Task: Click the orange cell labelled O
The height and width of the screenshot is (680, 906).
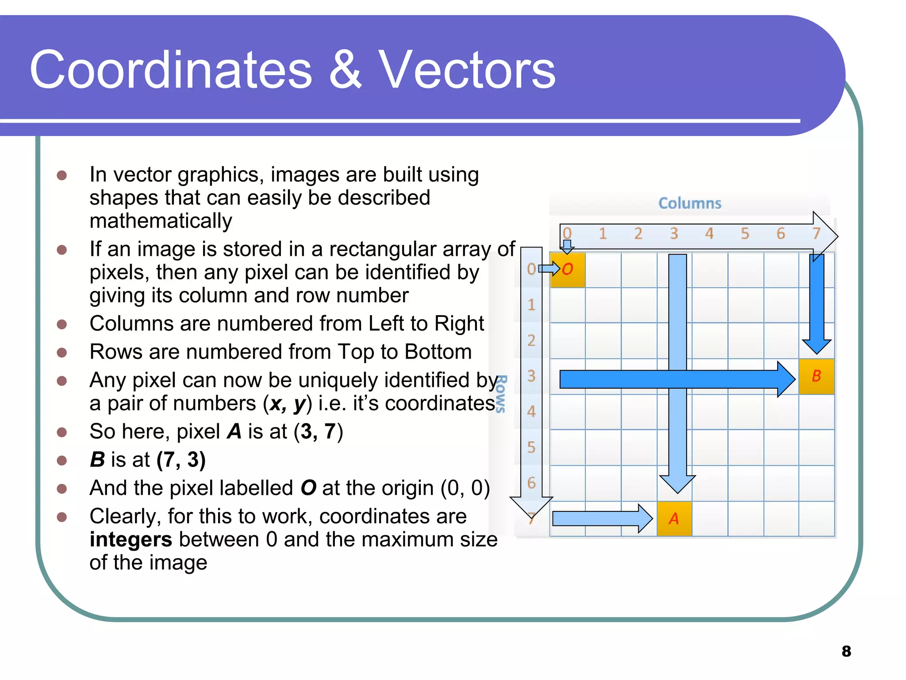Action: [x=567, y=270]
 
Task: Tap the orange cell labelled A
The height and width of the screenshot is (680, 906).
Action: [x=674, y=518]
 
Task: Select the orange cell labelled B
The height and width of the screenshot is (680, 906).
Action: [x=816, y=376]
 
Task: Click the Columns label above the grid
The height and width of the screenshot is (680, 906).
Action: [x=690, y=203]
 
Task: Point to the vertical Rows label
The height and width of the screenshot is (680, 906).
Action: [x=501, y=394]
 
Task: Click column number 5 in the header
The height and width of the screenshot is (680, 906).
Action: [x=745, y=233]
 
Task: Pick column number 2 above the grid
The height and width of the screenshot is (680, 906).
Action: [x=638, y=233]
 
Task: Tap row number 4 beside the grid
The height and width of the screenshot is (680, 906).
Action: [x=531, y=412]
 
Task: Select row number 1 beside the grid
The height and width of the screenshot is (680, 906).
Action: [x=531, y=305]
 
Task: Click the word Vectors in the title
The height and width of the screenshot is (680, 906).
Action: [x=467, y=70]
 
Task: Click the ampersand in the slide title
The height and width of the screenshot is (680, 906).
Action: [x=345, y=70]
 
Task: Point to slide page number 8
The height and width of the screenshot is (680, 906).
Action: [x=846, y=651]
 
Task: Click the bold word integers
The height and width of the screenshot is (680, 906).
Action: [x=131, y=539]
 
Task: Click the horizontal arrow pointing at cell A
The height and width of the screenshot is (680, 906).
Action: [x=602, y=518]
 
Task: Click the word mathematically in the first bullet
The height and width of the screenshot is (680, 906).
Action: [x=161, y=221]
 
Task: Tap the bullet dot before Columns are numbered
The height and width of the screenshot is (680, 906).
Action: [x=62, y=324]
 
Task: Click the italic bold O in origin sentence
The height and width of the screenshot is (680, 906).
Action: [x=308, y=488]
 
